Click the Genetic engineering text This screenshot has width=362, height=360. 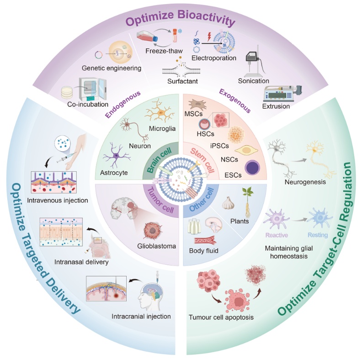coord(110,68)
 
